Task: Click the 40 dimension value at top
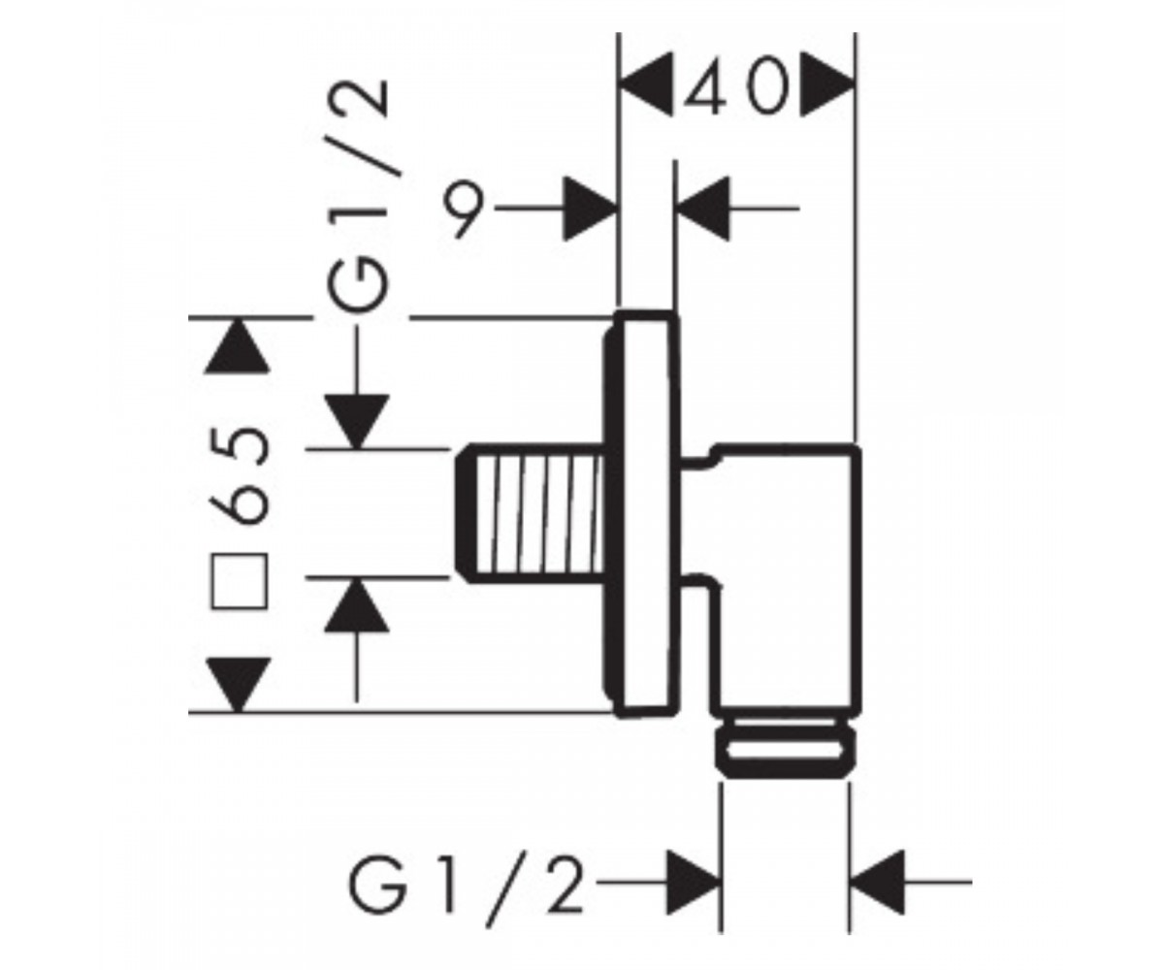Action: (737, 86)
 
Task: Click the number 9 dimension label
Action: (463, 209)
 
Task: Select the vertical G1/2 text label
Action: (357, 196)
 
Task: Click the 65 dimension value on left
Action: (239, 475)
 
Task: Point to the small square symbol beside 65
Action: (240, 581)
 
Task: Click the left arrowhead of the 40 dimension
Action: (646, 85)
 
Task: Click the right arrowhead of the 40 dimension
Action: (827, 85)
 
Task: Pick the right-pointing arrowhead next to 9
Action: (591, 209)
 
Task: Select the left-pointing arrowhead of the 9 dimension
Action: (702, 209)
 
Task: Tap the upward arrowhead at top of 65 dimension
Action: (238, 345)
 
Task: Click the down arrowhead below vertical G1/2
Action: (357, 421)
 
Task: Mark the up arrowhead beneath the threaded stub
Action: (357, 605)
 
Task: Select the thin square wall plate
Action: (642, 514)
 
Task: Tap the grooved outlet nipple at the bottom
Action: (786, 747)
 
